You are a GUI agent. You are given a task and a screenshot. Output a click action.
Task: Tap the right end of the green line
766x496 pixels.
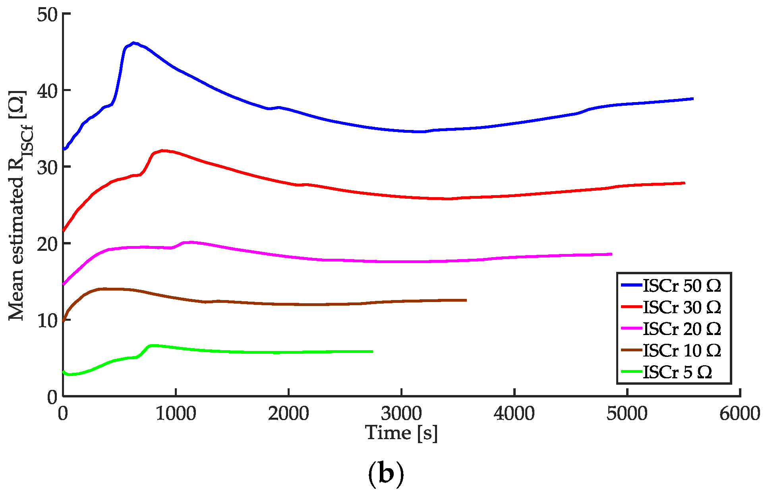click(x=372, y=351)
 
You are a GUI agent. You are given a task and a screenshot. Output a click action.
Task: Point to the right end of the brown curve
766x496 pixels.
click(x=466, y=300)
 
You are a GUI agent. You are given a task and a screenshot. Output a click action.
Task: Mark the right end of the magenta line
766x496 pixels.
click(x=611, y=254)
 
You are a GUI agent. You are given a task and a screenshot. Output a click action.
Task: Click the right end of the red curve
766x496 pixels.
click(x=685, y=183)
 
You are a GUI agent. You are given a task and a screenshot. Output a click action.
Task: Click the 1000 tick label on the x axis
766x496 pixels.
click(x=176, y=414)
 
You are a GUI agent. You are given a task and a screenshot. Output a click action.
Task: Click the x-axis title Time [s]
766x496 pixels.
click(x=401, y=433)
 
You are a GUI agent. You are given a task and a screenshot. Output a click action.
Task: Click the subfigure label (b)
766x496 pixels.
click(x=386, y=474)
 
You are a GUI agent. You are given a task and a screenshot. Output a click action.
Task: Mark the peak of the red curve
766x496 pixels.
click(x=163, y=151)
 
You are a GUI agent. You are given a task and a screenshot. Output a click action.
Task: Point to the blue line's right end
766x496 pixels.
click(x=693, y=99)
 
